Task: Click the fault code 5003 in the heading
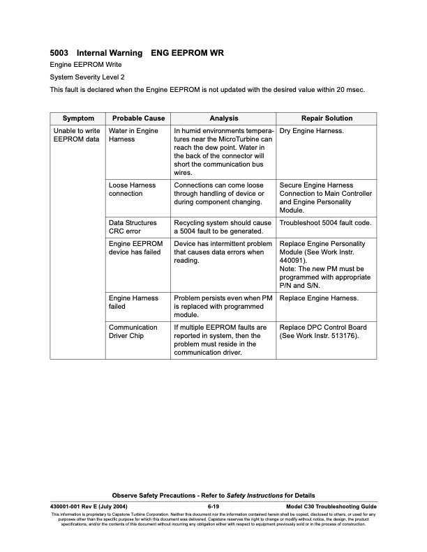[x=59, y=52]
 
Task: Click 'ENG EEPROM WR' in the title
[x=187, y=52]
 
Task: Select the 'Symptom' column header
[x=77, y=118]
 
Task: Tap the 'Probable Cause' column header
[x=138, y=118]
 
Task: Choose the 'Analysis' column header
[x=223, y=118]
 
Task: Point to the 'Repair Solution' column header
[x=327, y=118]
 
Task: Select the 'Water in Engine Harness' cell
[x=133, y=135]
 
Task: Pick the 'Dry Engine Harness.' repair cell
[x=311, y=131]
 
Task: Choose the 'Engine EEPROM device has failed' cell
[x=135, y=248]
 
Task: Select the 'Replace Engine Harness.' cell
[x=319, y=298]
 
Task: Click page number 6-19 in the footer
[x=213, y=506]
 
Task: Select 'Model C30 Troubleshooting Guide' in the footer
[x=331, y=506]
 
